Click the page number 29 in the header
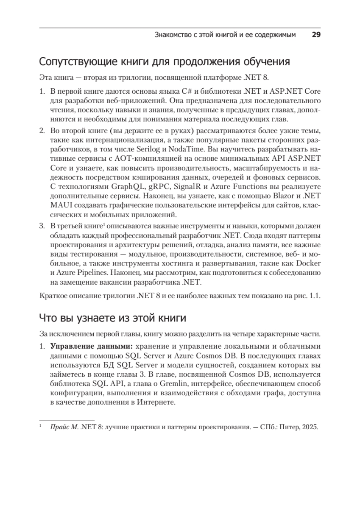pyautogui.click(x=315, y=34)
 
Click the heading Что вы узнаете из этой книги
pyautogui.click(x=112, y=317)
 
